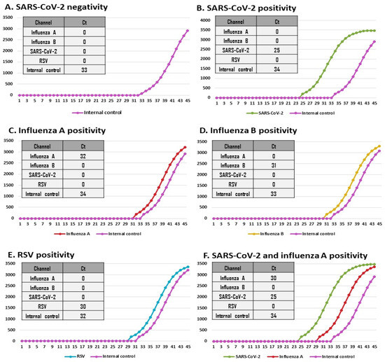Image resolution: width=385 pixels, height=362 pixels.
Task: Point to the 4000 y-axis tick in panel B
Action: click(x=204, y=20)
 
